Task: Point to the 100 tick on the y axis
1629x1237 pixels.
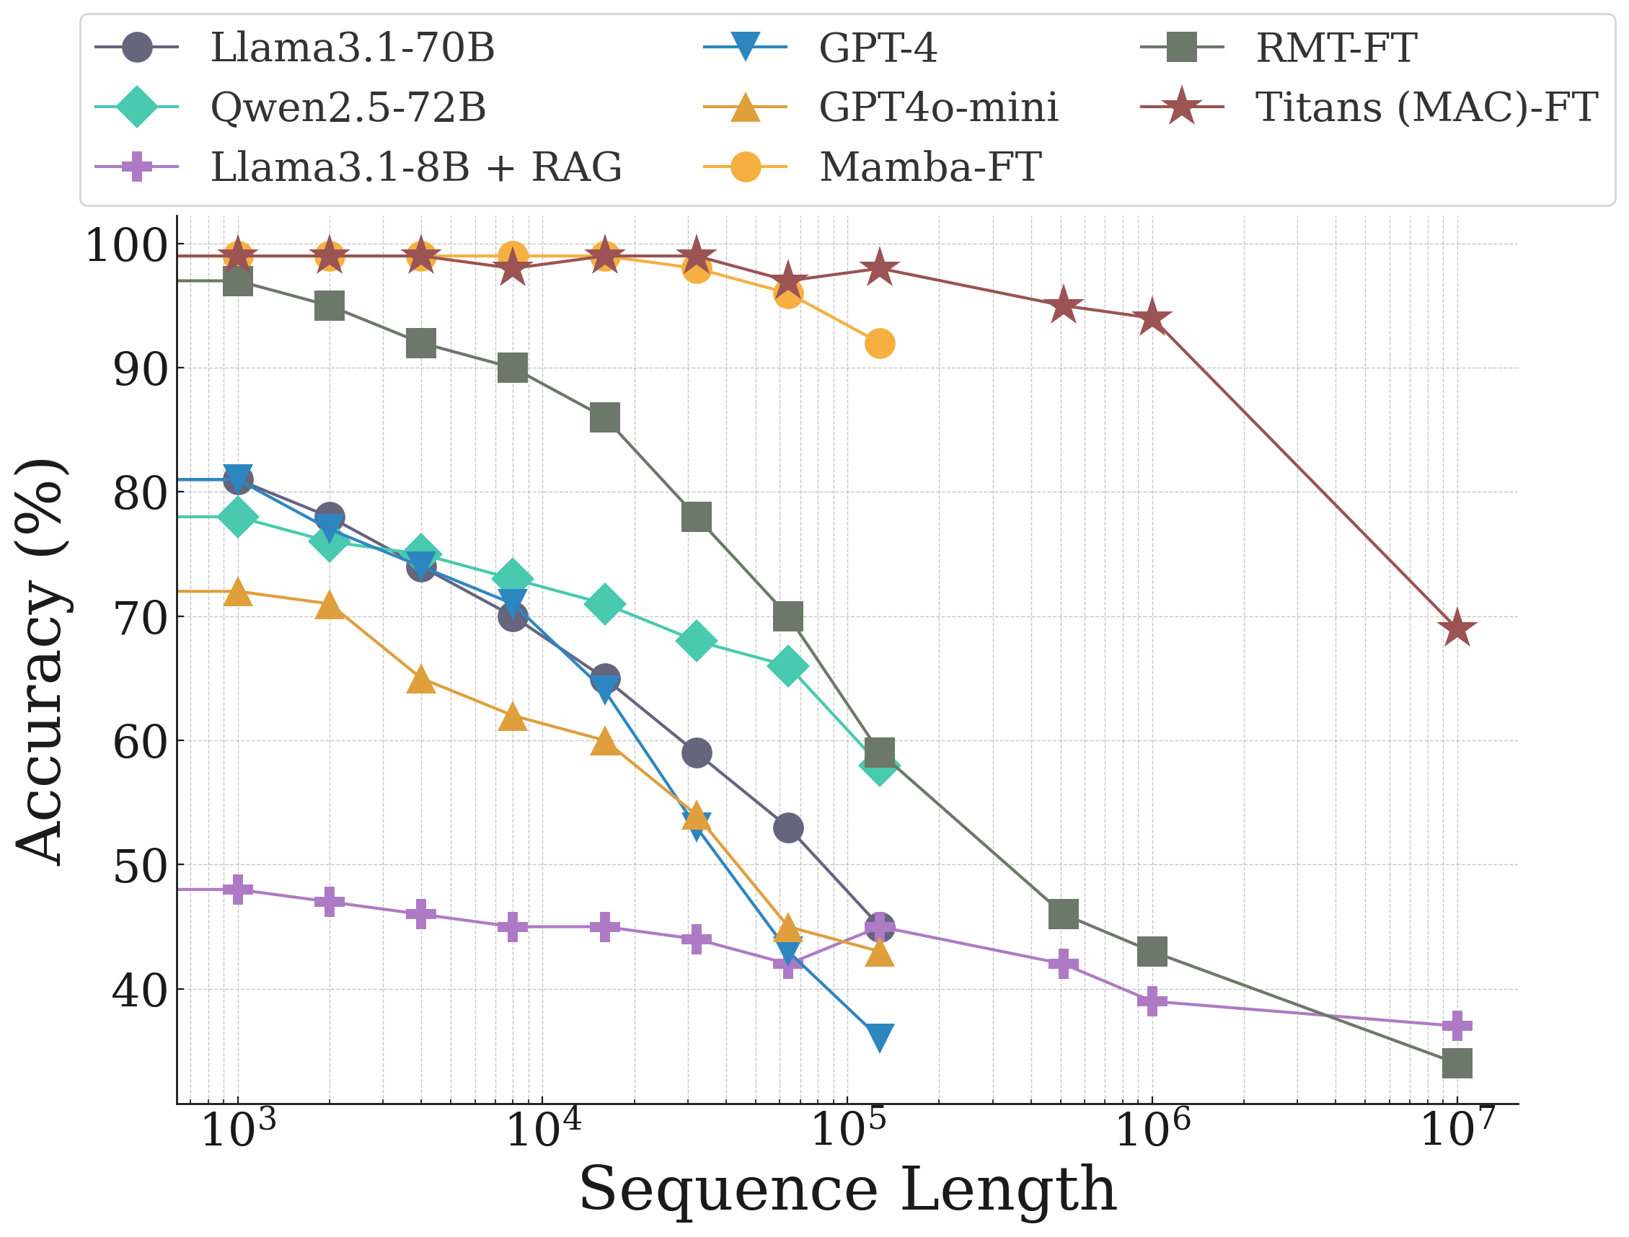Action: tap(126, 245)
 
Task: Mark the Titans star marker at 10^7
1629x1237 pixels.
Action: tap(1457, 629)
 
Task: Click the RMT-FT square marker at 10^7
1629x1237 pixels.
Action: tap(1457, 1064)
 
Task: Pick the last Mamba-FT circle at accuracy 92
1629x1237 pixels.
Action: tap(880, 344)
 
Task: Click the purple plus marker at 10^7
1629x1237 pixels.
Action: tap(1457, 1026)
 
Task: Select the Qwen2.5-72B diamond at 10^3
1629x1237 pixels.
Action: tap(238, 517)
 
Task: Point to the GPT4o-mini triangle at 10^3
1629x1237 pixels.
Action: tap(238, 591)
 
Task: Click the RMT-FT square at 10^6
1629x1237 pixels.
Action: tap(1152, 952)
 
